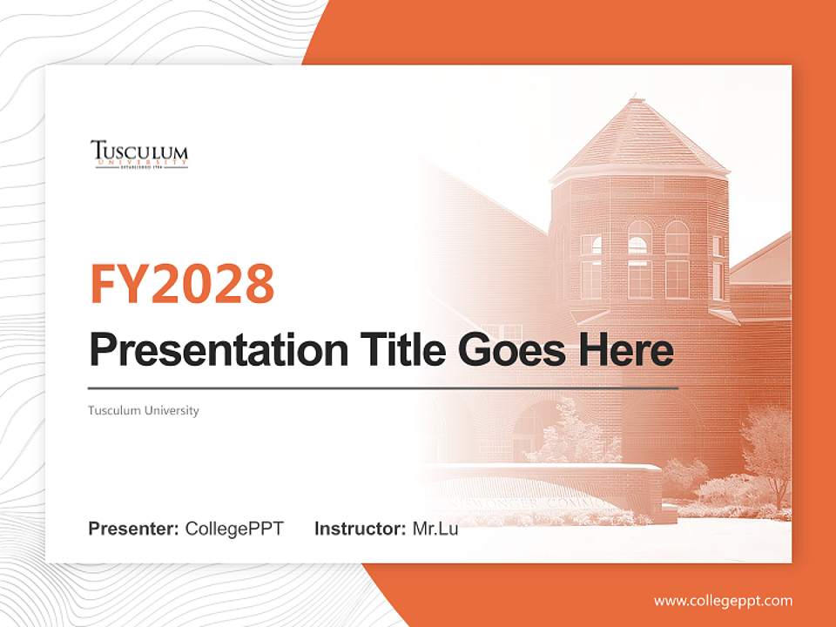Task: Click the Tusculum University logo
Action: (x=139, y=154)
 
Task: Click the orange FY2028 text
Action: (x=182, y=284)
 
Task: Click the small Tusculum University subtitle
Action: (x=144, y=410)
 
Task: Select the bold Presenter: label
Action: (x=134, y=529)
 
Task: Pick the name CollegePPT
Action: (x=234, y=529)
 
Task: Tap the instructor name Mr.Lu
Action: (x=435, y=529)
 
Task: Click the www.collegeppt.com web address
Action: (x=723, y=600)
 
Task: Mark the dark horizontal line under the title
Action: (x=383, y=388)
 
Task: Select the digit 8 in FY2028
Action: (x=259, y=284)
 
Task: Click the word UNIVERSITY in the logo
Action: (x=139, y=162)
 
